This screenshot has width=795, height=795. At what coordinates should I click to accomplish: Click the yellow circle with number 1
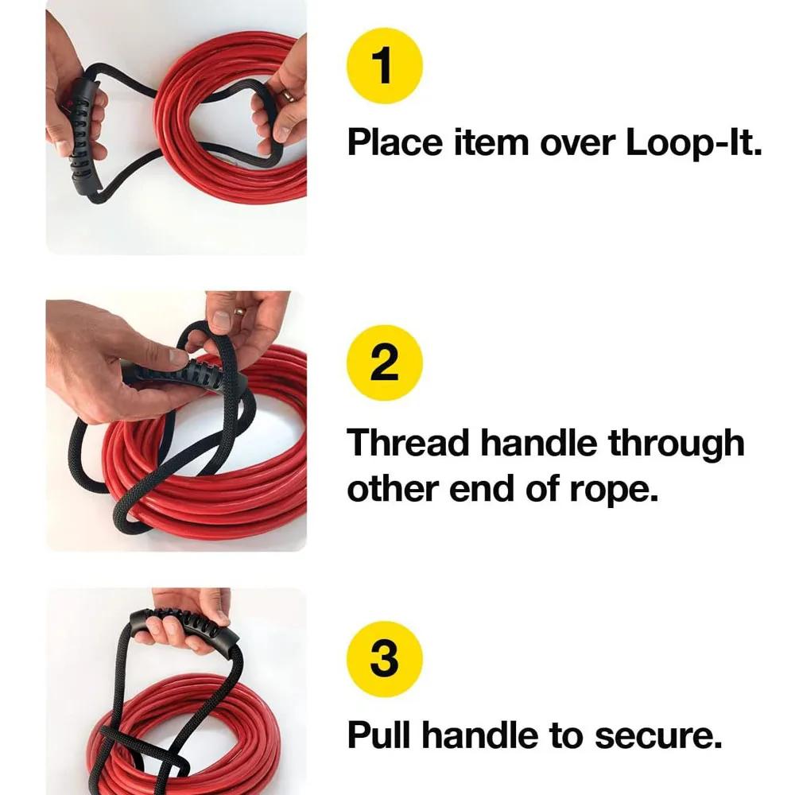click(385, 65)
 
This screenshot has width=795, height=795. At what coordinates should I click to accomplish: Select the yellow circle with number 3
click(385, 660)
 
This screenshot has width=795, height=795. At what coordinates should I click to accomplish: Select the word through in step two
click(676, 444)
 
